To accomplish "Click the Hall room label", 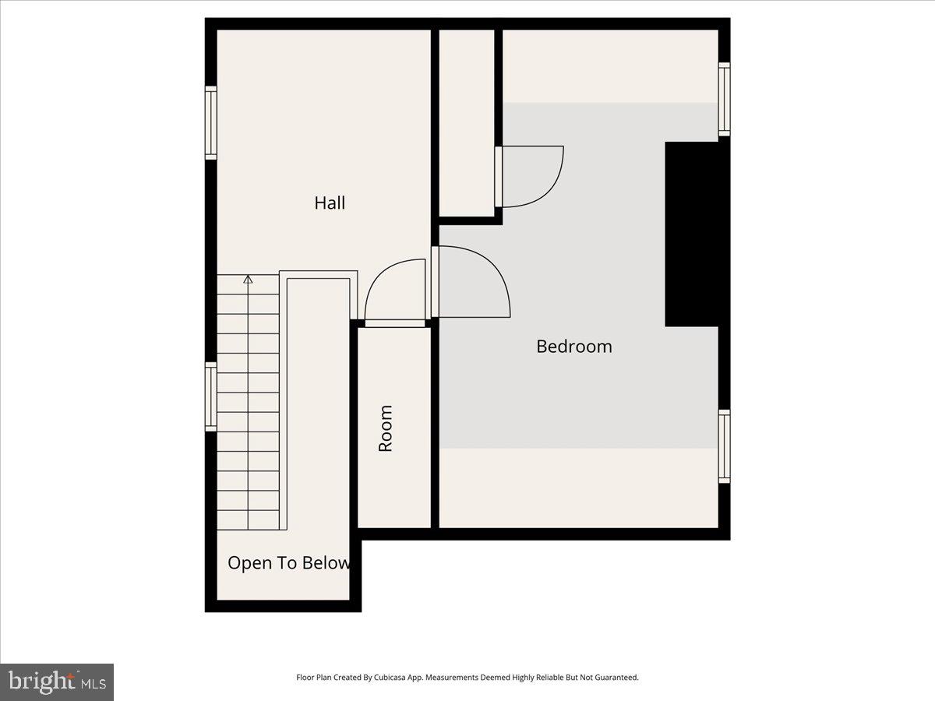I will point(330,203).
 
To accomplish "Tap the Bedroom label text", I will point(574,347).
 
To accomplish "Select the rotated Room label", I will point(386,428).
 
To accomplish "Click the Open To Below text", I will point(288,563).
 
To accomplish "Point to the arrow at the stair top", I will point(248,279).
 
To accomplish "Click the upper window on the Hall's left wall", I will point(211,123).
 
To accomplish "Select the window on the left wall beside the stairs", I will point(211,396).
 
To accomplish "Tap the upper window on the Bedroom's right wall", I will point(724,99).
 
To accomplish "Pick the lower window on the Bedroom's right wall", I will point(724,446).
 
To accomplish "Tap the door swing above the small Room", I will point(393,292).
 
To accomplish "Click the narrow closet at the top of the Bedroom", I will point(467,123).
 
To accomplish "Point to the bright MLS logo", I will point(57,682).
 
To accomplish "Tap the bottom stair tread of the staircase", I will point(248,520).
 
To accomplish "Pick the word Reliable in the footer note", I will point(549,678).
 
